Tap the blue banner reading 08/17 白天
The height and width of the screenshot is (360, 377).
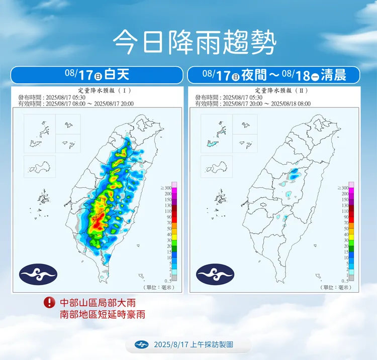(x=97, y=75)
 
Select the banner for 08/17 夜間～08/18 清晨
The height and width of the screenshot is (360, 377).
(x=274, y=75)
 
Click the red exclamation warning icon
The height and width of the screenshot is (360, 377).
(x=49, y=302)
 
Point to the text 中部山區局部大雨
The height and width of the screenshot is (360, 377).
(x=98, y=303)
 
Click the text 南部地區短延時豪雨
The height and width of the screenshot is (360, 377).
(x=103, y=314)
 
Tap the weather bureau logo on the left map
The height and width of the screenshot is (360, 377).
(x=38, y=274)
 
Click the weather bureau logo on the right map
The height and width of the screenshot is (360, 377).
(x=215, y=274)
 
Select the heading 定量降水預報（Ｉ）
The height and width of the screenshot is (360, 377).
(x=98, y=90)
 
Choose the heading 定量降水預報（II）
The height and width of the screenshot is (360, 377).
(x=274, y=90)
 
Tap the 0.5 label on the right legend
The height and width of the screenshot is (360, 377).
(x=345, y=281)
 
